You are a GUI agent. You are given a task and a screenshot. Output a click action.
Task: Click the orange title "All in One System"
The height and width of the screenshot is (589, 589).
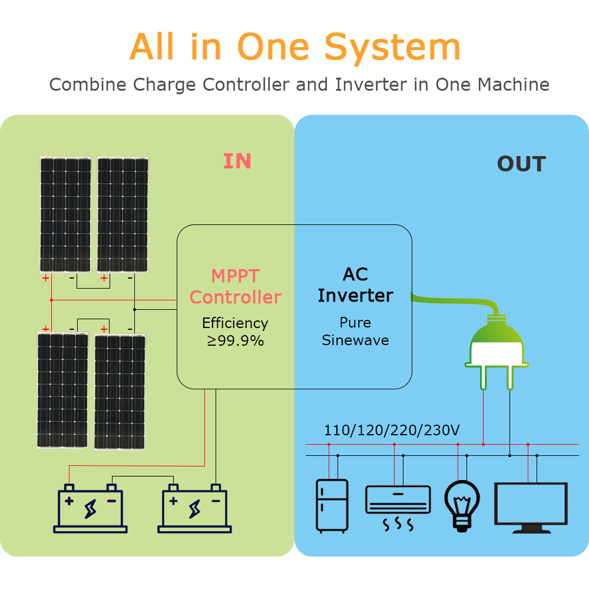click(294, 47)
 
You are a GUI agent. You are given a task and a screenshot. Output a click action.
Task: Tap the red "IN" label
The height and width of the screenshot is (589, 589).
click(237, 161)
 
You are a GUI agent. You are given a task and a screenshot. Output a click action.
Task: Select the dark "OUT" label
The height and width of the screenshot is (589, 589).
click(521, 164)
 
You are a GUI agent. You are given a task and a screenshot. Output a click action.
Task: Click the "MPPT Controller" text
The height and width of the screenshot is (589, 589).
click(236, 286)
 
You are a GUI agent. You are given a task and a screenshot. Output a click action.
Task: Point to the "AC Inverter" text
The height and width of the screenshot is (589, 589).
click(355, 285)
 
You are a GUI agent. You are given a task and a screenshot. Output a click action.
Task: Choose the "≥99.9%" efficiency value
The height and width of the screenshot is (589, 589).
click(236, 340)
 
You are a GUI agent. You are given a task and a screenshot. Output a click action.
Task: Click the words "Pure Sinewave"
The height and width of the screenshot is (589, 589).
click(355, 332)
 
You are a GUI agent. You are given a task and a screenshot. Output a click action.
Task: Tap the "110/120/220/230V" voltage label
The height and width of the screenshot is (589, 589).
click(392, 431)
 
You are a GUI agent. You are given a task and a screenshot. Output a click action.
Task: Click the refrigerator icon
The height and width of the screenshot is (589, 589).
click(332, 506)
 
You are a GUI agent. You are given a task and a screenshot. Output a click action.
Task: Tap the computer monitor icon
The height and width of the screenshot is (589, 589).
click(531, 507)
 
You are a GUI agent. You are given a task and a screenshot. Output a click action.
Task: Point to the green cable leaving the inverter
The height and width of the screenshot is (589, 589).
click(454, 302)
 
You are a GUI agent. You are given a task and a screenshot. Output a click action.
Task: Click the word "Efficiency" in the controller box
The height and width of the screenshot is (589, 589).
click(235, 323)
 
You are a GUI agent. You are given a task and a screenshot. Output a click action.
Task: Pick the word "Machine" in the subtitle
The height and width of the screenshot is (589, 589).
click(513, 85)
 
